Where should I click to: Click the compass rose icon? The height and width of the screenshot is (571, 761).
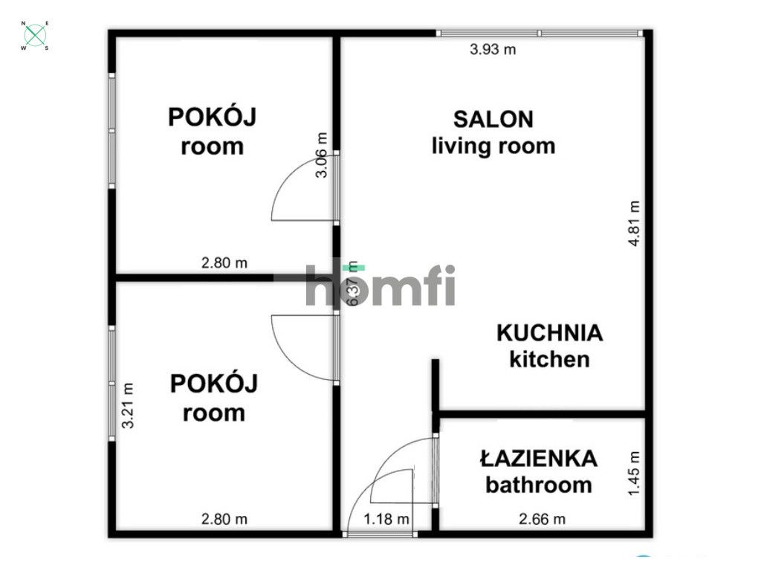tap(35, 36)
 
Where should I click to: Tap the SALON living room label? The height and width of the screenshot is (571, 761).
tap(493, 132)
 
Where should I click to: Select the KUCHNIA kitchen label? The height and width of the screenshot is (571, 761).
tap(549, 346)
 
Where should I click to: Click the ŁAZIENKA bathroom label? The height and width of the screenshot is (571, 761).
tap(539, 471)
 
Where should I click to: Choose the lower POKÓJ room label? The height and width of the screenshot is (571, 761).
tap(214, 398)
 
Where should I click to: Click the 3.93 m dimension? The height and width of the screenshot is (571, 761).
tap(493, 51)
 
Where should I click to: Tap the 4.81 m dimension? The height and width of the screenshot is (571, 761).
tap(634, 223)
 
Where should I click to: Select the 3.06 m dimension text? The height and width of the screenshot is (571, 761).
tap(321, 155)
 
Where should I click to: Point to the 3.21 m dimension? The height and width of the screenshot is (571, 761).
tap(128, 404)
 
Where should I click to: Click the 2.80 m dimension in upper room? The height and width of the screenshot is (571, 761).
tap(224, 262)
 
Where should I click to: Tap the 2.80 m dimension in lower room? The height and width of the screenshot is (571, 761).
tap(224, 519)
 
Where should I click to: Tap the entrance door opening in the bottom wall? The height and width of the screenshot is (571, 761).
tap(380, 533)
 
